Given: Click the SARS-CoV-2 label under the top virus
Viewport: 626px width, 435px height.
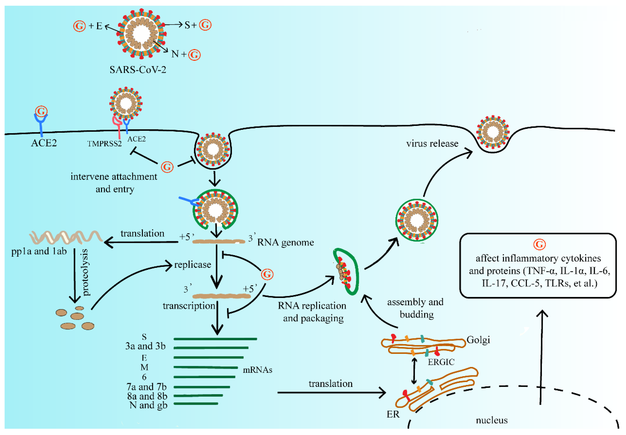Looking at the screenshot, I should click(x=138, y=70).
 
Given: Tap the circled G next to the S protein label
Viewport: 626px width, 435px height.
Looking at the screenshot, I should click(x=205, y=25).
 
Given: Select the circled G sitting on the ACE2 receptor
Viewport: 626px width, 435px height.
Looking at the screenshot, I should click(x=41, y=111).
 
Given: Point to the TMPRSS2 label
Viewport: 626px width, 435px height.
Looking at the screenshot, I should click(x=104, y=144).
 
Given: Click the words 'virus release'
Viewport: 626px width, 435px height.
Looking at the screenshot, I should click(x=432, y=144).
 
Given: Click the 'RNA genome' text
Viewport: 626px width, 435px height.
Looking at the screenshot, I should click(x=285, y=242).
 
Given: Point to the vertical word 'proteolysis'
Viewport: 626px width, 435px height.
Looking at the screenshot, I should click(x=85, y=272).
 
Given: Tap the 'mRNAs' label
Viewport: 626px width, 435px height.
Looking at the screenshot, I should click(x=257, y=370).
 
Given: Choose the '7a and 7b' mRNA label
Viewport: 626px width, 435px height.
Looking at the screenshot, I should click(x=146, y=387).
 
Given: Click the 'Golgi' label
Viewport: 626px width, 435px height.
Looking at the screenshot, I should click(x=478, y=340).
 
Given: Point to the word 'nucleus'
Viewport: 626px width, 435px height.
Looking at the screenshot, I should click(x=492, y=420).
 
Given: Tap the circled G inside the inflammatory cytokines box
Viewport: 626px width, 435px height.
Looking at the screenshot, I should click(x=539, y=245).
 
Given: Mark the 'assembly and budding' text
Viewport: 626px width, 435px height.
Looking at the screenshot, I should click(x=415, y=308).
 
